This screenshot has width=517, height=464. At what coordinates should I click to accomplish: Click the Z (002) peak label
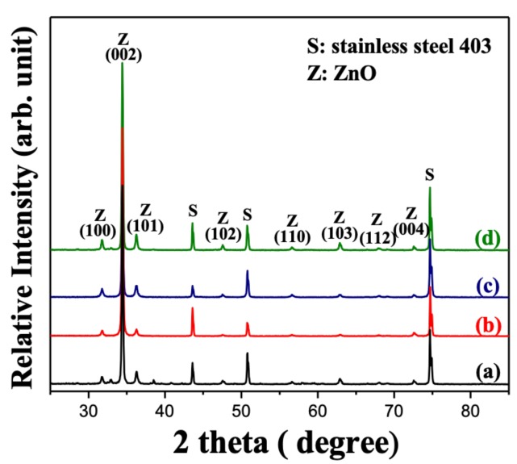[123, 48]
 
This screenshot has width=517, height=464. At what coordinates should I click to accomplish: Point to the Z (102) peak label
[223, 225]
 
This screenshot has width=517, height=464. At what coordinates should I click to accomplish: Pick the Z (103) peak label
[339, 225]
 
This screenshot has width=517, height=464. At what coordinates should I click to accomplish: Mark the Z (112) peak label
[376, 228]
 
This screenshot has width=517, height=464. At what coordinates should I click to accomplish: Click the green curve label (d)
[487, 239]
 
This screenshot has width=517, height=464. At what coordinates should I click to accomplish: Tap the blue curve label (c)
[487, 286]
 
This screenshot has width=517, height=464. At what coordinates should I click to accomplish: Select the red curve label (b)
[487, 325]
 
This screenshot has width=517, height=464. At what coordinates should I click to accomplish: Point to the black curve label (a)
[487, 372]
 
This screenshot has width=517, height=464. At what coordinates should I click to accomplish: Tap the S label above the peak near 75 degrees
[429, 173]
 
